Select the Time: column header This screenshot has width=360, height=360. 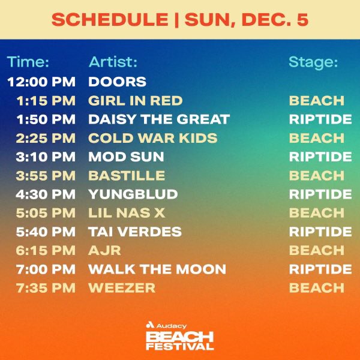[28, 62]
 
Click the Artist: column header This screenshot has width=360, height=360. [113, 62]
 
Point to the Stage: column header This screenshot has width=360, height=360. [313, 62]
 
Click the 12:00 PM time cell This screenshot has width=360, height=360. [41, 81]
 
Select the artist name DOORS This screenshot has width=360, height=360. [117, 81]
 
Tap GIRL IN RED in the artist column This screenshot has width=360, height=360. [135, 100]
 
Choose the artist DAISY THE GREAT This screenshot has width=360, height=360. [158, 119]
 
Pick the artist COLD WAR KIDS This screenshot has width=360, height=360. [152, 138]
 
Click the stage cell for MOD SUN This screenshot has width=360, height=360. [320, 157]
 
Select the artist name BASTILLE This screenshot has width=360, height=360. [127, 176]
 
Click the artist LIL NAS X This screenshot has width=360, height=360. [127, 213]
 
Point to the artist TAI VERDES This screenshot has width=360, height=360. [134, 232]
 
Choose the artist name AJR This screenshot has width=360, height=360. [103, 251]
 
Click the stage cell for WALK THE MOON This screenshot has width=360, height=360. [320, 269]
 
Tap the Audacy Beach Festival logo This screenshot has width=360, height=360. [180, 336]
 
